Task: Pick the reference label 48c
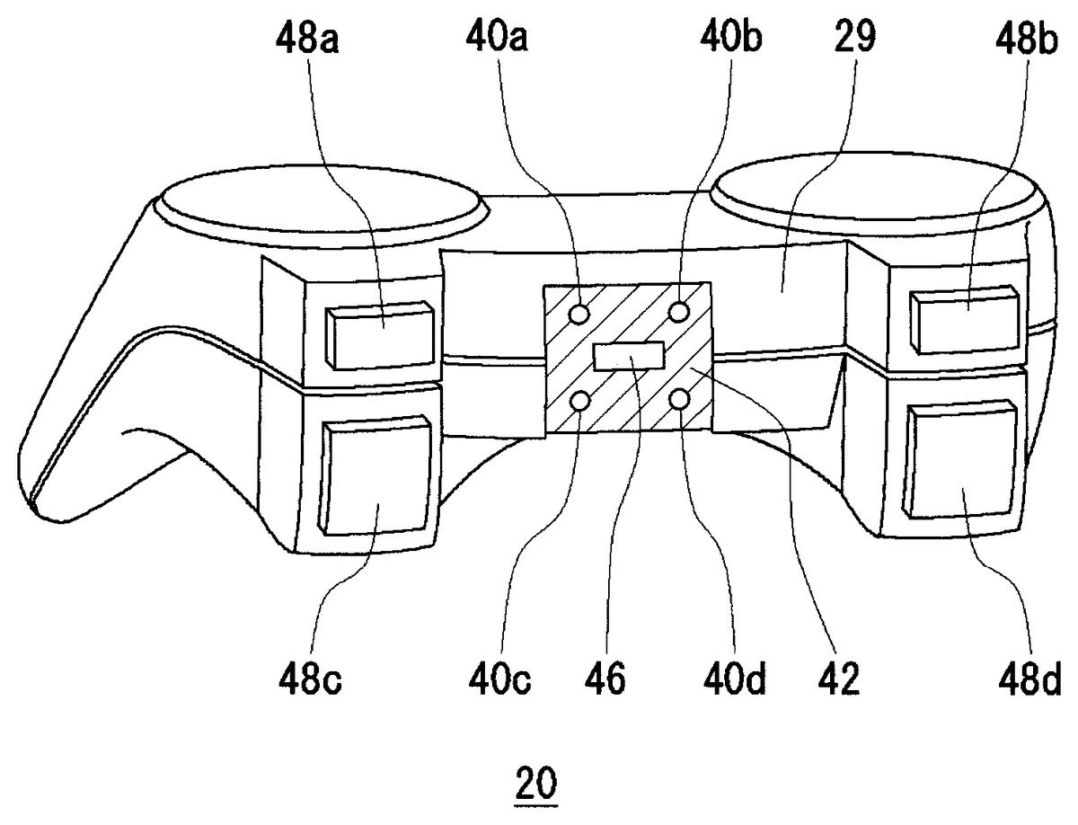point(311,679)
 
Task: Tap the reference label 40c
point(500,679)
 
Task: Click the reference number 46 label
point(605,679)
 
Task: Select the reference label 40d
point(735,679)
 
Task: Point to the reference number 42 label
point(839,679)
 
